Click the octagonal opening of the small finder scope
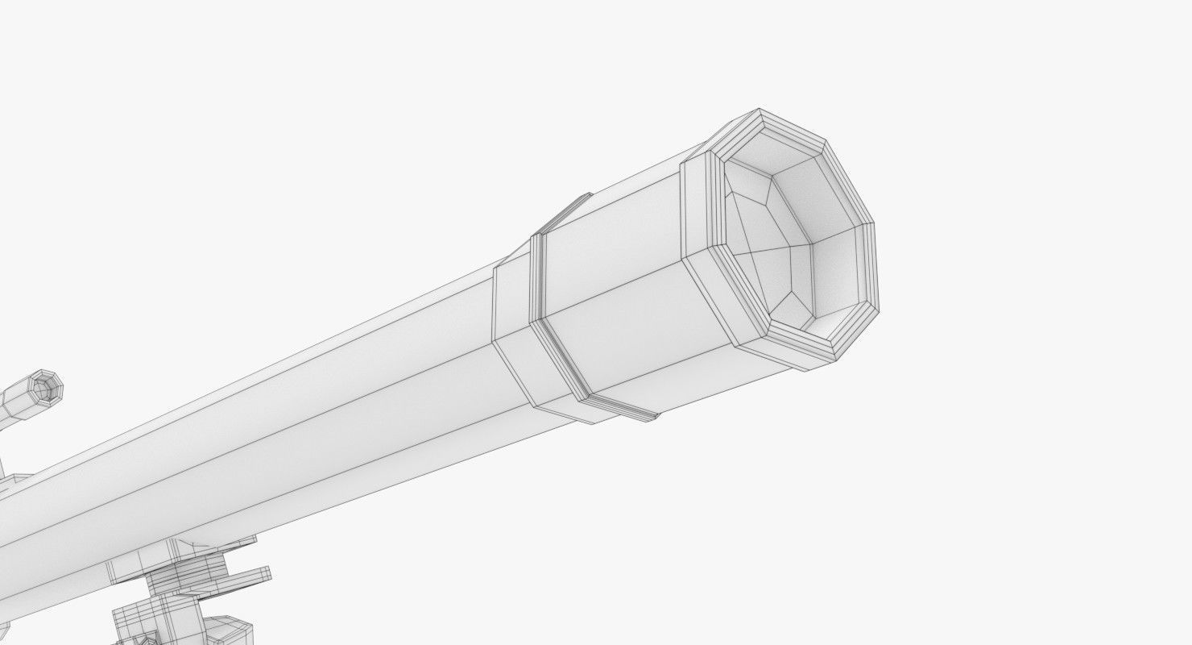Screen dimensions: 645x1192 pyautogui.click(x=51, y=388)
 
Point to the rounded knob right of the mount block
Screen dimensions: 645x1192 pyautogui.click(x=234, y=629)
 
